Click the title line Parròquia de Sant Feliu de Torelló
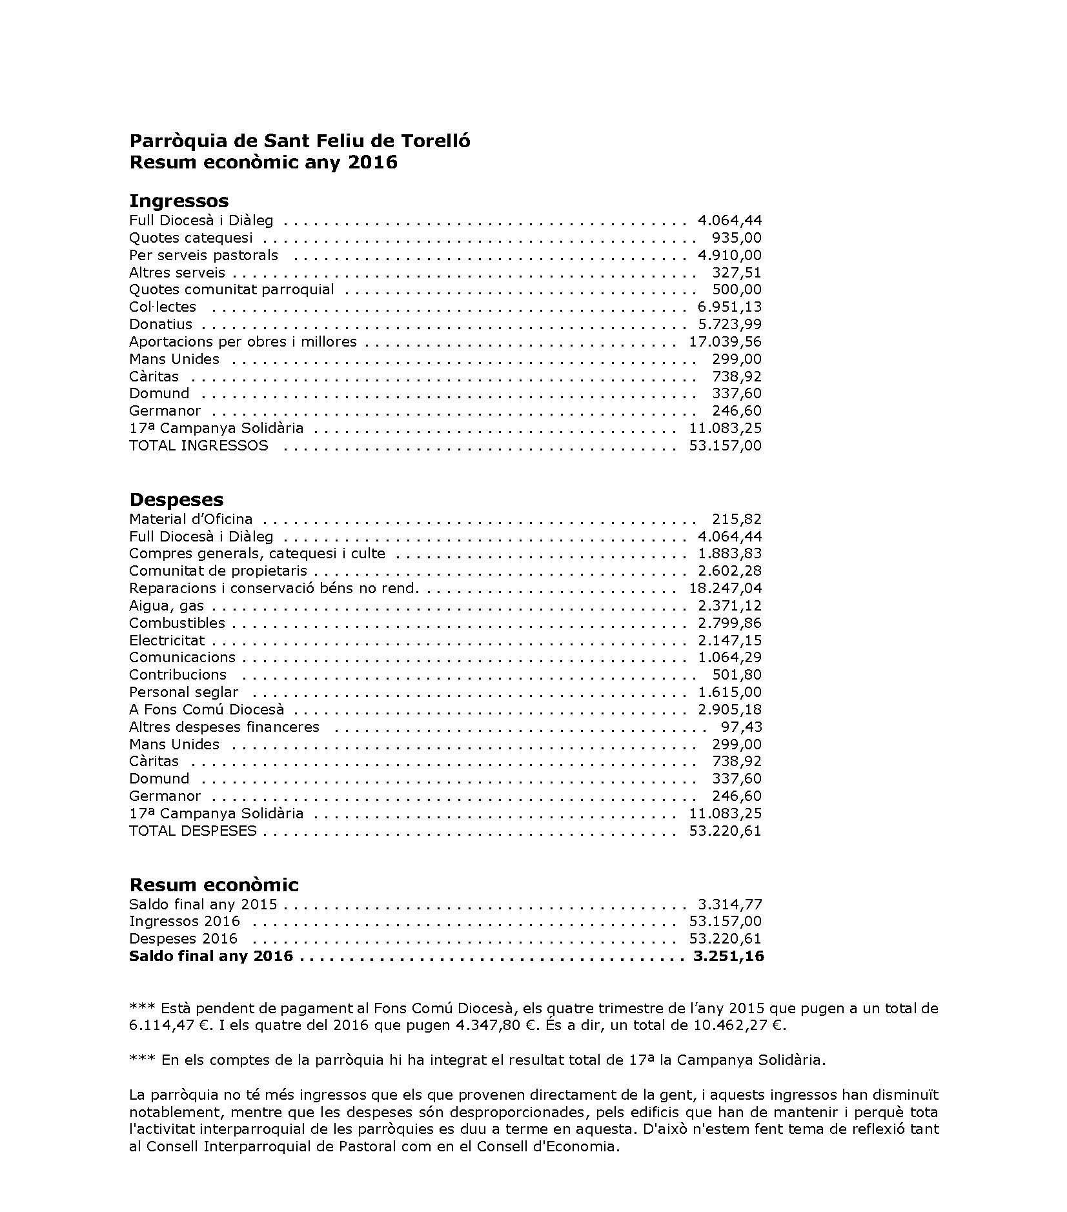[300, 141]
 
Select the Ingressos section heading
[179, 201]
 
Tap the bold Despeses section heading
[176, 500]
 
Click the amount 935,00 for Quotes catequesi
[737, 237]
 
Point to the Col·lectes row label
[162, 307]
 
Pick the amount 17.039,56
[725, 341]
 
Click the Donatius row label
[160, 324]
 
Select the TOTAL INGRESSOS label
[198, 445]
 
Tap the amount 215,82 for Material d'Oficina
[737, 519]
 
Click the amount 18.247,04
[725, 588]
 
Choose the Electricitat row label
[167, 640]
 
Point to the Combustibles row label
[177, 623]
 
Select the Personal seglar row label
[183, 692]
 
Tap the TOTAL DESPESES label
[192, 831]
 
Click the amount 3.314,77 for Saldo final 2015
[729, 904]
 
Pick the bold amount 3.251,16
[728, 956]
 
